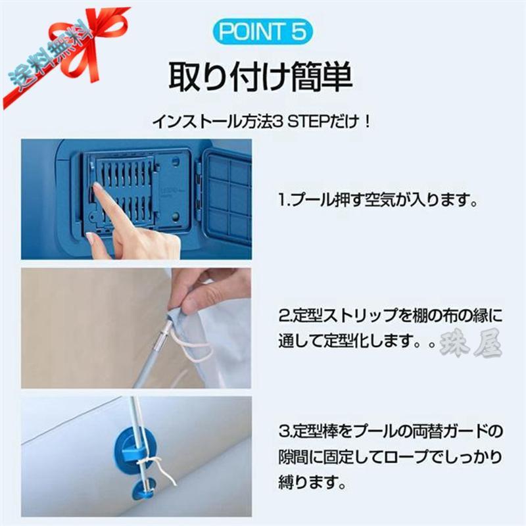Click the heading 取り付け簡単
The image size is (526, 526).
[x=262, y=78]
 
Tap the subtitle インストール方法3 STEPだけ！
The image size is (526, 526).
[x=262, y=122]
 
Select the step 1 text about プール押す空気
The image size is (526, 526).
[x=376, y=199]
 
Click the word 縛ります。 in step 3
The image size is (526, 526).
[x=311, y=483]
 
